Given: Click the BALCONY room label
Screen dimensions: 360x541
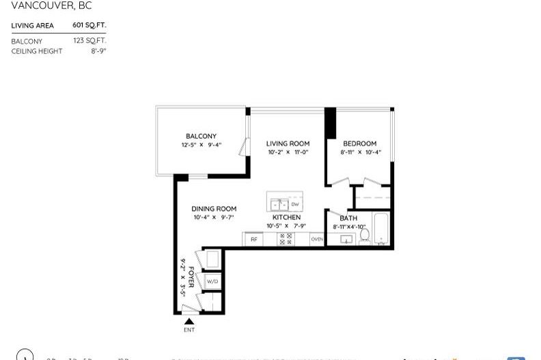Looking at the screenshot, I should pos(201,136).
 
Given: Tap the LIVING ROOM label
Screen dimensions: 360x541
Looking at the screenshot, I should pos(288,143).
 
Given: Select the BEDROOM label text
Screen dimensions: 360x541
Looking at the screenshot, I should pos(359,143).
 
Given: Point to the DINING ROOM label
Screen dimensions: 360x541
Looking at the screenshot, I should pos(214,209).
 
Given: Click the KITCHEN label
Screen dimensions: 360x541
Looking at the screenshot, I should pos(286,217).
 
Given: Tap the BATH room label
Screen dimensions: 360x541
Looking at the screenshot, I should pos(348,219).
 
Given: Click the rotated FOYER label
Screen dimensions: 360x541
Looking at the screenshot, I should pos(192,277).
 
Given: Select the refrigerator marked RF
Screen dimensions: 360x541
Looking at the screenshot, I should pos(253,239).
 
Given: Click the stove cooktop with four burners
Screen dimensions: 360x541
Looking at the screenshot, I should pos(286,239).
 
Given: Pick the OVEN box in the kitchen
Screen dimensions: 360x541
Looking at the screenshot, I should pos(317,239).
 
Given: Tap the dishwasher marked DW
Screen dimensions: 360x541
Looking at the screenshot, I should pos(295,204).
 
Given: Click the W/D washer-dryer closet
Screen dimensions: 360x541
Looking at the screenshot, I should pos(212,281).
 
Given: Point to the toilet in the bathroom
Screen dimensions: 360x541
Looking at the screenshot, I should pos(365,236).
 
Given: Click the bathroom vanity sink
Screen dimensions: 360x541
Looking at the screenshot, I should pos(346,240).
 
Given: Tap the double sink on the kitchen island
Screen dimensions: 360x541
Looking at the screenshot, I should pos(279,204).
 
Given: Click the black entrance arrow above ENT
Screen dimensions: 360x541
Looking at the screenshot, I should pos(189,321).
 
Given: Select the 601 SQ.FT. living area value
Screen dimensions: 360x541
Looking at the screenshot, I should pos(89,25).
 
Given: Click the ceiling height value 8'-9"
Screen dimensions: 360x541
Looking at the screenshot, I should pos(98,51).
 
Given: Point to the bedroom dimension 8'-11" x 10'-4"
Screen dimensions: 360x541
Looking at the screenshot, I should pos(360,152).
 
